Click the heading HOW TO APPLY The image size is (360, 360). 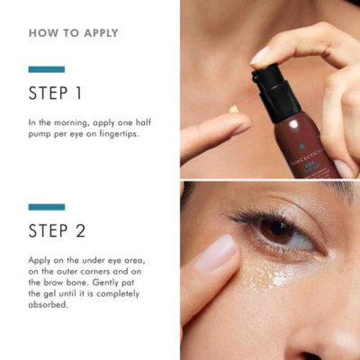73,33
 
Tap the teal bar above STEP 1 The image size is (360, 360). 46,68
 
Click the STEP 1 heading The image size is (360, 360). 57,94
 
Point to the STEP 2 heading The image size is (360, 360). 57,231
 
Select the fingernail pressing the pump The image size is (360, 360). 262,55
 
